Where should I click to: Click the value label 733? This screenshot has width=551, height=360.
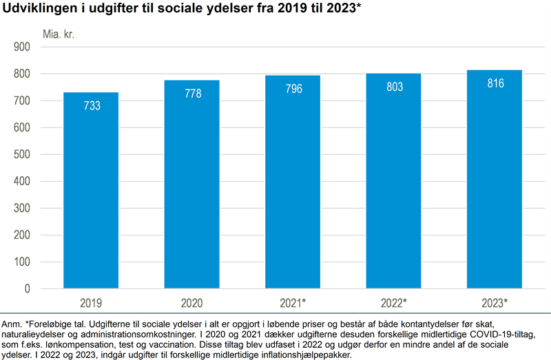coord(92,106)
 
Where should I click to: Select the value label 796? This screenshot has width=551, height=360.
coord(293,89)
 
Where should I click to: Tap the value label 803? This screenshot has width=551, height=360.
coord(394,87)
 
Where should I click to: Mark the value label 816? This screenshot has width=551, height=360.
coord(495,84)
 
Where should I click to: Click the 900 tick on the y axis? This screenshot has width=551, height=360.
coord(23,47)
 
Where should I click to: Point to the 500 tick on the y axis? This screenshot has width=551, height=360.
coord(23,155)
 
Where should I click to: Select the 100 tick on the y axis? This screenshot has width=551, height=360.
coord(23,262)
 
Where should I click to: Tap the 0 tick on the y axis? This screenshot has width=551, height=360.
coord(28,289)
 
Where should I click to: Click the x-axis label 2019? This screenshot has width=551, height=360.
coord(91,303)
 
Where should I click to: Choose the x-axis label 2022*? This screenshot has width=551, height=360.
coord(394,303)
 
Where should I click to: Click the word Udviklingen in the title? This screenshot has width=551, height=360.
coord(35,8)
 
